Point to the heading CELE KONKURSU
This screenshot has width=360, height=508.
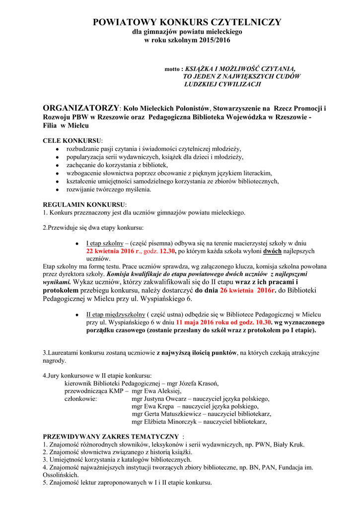(x=72, y=140)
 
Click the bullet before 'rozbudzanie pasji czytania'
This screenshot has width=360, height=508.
(x=58, y=149)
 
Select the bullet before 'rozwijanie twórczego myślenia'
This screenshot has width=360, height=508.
(x=58, y=190)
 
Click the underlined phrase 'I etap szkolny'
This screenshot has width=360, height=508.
(x=105, y=244)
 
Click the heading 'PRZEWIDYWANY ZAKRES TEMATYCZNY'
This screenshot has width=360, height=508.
(x=111, y=437)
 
